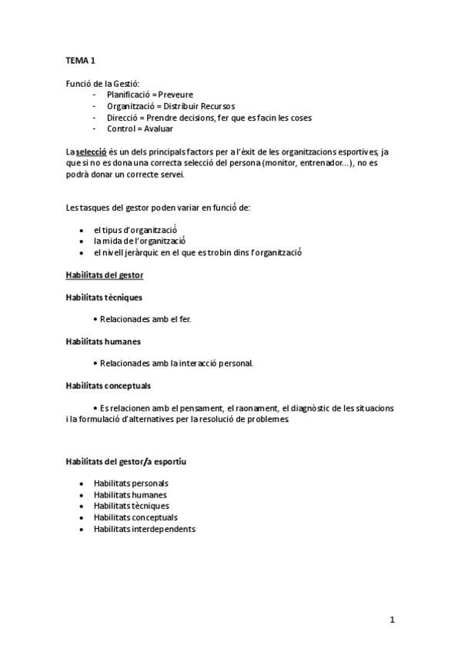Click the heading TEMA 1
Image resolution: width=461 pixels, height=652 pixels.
81,58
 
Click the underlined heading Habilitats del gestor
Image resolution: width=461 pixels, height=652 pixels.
104,274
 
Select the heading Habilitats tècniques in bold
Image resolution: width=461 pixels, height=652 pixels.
103,297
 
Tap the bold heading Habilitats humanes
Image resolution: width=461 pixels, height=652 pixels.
102,341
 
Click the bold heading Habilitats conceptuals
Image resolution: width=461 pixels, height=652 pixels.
107,385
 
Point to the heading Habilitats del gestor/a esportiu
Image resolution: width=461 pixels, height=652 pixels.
125,461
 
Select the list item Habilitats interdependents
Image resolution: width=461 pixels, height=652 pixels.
144,529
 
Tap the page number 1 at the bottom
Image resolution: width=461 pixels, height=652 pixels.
392,620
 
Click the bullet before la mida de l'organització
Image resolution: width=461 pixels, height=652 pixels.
82,241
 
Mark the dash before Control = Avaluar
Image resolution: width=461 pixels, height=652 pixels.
95,128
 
